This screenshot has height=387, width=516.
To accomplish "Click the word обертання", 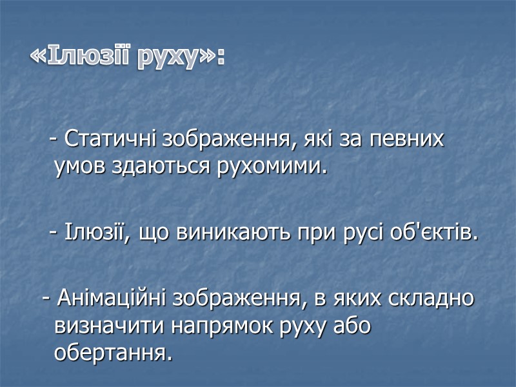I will (x=114, y=353).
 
